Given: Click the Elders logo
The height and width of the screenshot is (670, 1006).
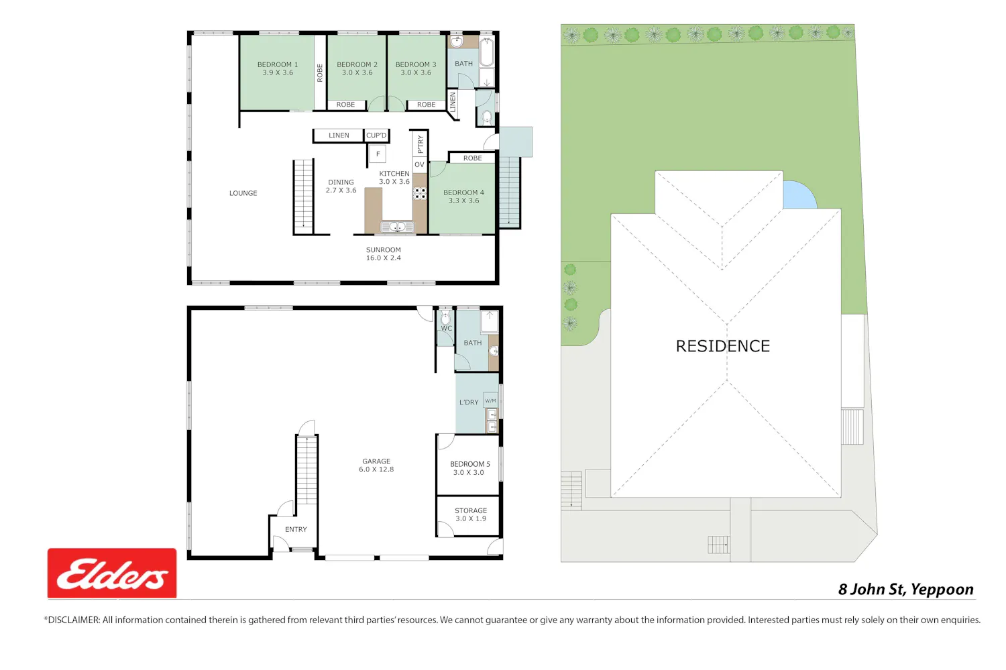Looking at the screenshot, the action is coord(112,573).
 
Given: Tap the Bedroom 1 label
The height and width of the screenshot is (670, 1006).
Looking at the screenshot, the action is coord(278,68).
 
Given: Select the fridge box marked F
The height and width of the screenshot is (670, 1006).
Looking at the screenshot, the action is coord(378,154).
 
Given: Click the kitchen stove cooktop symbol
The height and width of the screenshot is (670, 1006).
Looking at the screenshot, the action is coord(420,194).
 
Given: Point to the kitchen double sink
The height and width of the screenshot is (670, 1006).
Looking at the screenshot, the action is coord(398,227).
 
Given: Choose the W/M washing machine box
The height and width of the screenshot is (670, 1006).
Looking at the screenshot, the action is coord(490,400).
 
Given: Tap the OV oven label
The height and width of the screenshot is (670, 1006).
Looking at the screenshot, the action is coord(419,165).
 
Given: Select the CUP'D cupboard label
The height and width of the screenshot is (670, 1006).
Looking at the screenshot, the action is coord(376,135).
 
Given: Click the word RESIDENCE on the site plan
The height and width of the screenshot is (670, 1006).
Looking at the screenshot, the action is coord(722,346).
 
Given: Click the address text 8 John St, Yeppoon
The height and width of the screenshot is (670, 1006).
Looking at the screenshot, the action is coord(906,589).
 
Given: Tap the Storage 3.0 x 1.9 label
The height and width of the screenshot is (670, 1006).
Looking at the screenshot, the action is coord(471,514).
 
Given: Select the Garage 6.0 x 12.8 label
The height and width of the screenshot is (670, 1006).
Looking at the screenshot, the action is coord(376,465).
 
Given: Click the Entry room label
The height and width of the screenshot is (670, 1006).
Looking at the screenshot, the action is coord(296,529).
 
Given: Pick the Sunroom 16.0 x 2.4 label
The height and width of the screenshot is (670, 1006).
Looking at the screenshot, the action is coord(383,254).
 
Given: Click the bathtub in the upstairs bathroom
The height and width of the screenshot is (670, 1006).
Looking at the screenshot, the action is coord(487,52).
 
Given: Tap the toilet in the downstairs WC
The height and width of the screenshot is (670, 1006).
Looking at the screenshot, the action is coord(445,319).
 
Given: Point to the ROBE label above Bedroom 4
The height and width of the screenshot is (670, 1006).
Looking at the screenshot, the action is coord(472,158).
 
